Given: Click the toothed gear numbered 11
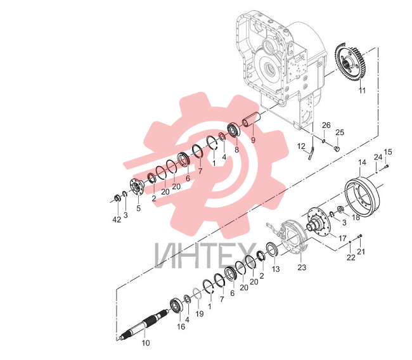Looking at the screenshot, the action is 349,63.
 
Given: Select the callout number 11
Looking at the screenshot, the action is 362,91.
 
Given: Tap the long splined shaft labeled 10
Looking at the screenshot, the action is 144,324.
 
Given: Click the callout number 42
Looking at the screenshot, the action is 117,219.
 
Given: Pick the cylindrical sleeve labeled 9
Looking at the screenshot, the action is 250,120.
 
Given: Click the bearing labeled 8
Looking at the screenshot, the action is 233,129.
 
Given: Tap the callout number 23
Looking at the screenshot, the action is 302,267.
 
